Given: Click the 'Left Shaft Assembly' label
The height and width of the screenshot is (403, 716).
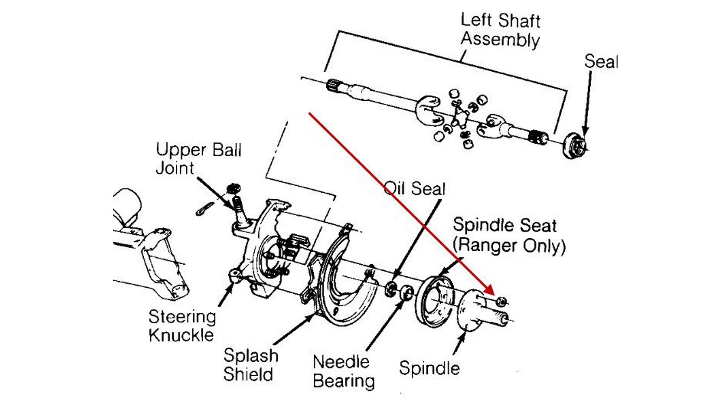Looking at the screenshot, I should point(500,30).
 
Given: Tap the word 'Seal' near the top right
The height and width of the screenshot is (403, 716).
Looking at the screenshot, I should point(601,61).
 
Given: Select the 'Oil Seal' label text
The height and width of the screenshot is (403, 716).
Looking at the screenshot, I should point(415,189).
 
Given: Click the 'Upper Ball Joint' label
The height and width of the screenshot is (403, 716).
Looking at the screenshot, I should point(198,159).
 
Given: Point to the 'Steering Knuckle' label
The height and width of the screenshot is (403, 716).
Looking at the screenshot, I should point(182,326).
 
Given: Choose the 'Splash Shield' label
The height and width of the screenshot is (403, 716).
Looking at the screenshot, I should point(250,364).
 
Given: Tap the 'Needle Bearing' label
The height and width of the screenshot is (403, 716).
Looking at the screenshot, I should point(343,371).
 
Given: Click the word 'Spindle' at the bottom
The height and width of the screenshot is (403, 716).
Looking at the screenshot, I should point(429,368).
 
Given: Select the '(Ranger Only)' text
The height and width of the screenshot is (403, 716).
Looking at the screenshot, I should point(509,245).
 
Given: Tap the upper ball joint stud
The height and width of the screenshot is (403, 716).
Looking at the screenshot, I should point(239,209).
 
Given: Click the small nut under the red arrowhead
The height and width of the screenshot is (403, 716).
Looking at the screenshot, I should point(502,302).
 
